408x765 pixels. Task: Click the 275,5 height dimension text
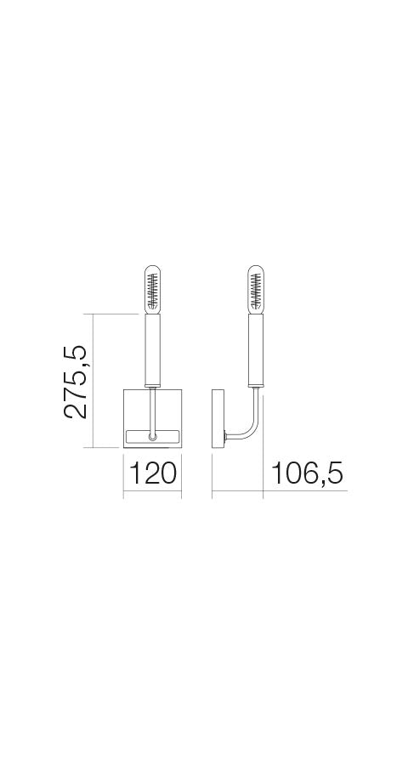click(76, 382)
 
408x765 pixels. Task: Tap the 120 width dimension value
click(152, 473)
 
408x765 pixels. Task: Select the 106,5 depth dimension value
click(307, 473)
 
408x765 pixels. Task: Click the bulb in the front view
click(153, 289)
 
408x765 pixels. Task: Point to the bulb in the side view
click(256, 289)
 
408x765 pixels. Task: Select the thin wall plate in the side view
click(216, 418)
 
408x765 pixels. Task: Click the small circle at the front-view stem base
click(152, 437)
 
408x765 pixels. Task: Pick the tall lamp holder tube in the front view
click(153, 348)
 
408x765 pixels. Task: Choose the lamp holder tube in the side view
click(256, 348)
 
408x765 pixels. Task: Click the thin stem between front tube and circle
click(153, 412)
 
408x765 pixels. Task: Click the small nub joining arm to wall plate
click(225, 439)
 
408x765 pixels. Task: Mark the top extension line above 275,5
click(115, 314)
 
